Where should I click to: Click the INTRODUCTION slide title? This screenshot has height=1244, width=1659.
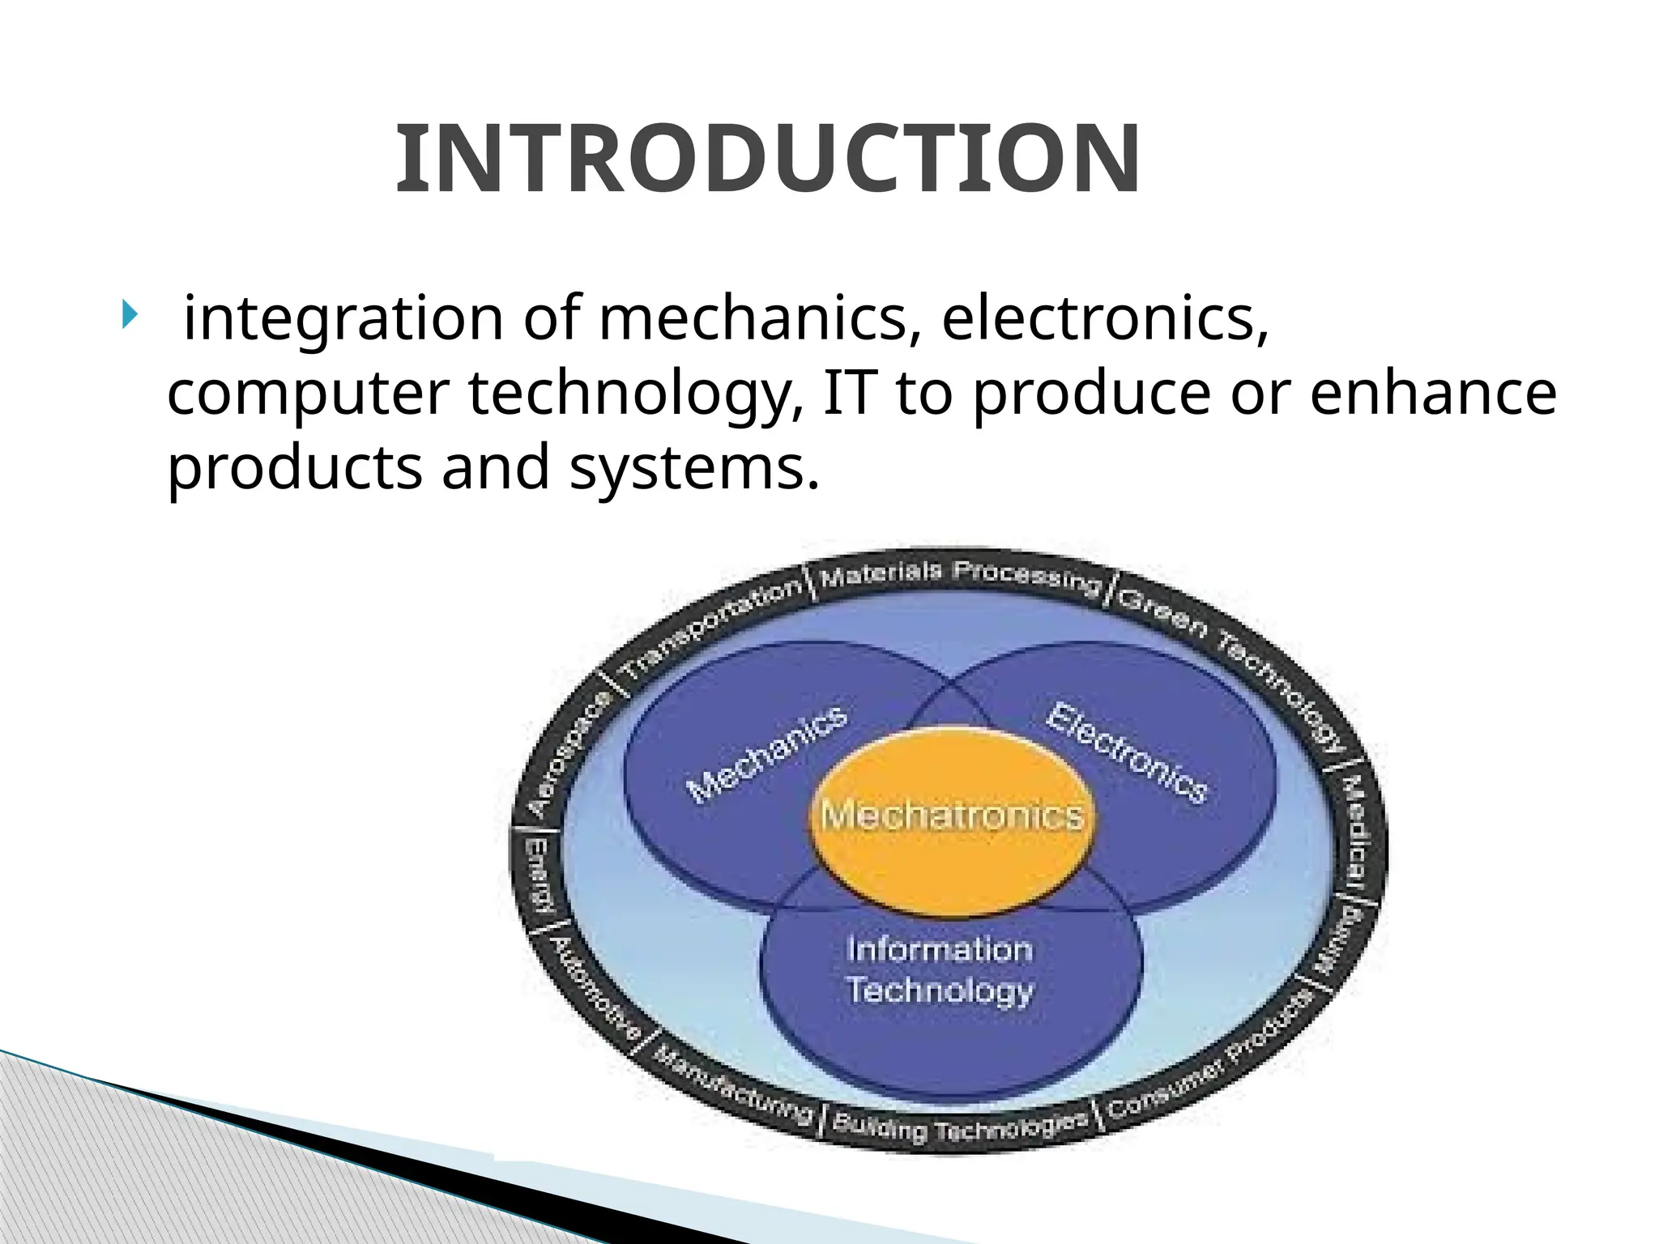tap(767, 160)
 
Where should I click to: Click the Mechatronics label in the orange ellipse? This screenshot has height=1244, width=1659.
tap(952, 815)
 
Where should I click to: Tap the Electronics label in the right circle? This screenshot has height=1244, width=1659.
tap(1127, 753)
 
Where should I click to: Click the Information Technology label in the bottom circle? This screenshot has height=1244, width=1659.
tap(940, 969)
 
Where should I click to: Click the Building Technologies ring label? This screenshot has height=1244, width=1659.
tap(959, 1127)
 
